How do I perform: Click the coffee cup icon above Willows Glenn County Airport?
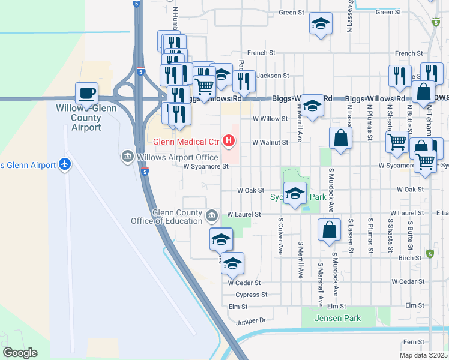point(86,93)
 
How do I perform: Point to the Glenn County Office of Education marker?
point(211,215)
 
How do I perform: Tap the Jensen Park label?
point(340,318)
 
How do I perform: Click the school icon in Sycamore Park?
point(294,194)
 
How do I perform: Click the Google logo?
point(20,353)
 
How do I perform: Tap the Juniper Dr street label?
point(250,321)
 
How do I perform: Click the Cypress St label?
point(252,295)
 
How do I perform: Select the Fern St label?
point(414,341)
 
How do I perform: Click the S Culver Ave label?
point(280,235)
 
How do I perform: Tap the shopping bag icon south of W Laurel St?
point(330,230)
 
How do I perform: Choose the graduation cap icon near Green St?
point(321,24)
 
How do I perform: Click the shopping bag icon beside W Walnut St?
point(340,137)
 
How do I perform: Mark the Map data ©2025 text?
point(423,355)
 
